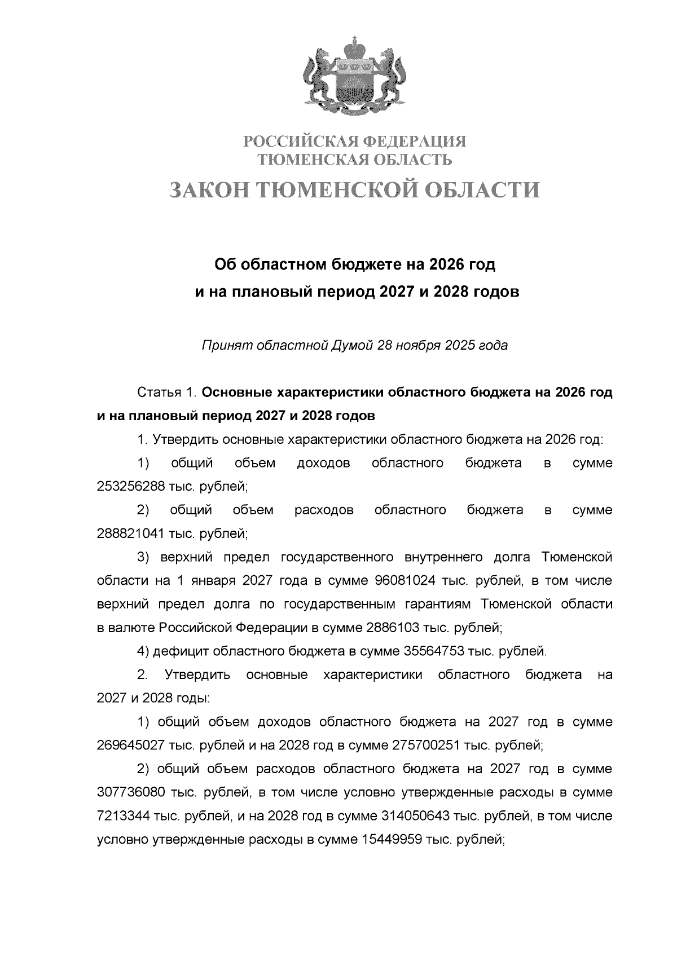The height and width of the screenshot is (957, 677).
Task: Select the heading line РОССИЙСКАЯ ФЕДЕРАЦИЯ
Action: pyautogui.click(x=355, y=141)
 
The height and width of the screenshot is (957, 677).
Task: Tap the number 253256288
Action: pyautogui.click(x=130, y=487)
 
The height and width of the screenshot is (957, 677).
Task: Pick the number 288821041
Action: pyautogui.click(x=130, y=533)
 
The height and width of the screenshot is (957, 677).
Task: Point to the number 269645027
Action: pyautogui.click(x=130, y=746)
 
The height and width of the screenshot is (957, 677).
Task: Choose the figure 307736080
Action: pyautogui.click(x=130, y=792)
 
